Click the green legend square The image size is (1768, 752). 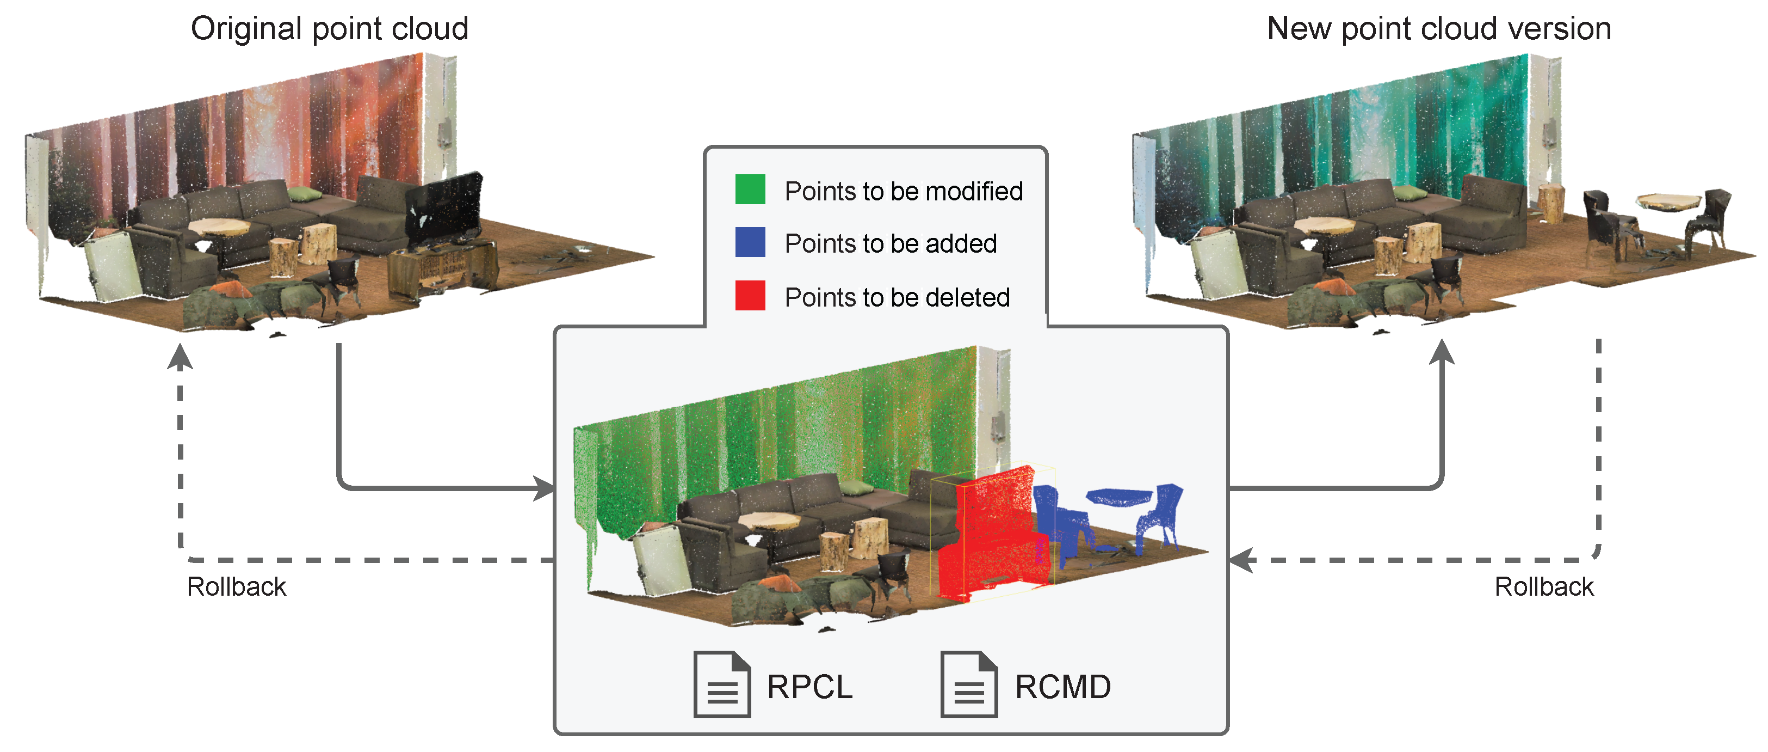(x=750, y=189)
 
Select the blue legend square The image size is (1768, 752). (x=750, y=242)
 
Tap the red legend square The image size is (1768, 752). (x=750, y=296)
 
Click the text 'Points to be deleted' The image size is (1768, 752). (x=897, y=297)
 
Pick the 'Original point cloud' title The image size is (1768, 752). (x=330, y=29)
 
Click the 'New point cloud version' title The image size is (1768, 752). (x=1438, y=29)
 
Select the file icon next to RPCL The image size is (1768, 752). (x=721, y=684)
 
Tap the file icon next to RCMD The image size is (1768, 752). (x=968, y=684)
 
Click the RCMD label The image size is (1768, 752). (x=1062, y=687)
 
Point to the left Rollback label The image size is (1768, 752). (x=236, y=587)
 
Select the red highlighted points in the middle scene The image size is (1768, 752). (x=992, y=536)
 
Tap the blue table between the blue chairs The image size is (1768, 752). (x=1118, y=496)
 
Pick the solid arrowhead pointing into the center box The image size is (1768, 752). (x=545, y=489)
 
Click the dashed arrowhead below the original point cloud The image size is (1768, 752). (x=180, y=357)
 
